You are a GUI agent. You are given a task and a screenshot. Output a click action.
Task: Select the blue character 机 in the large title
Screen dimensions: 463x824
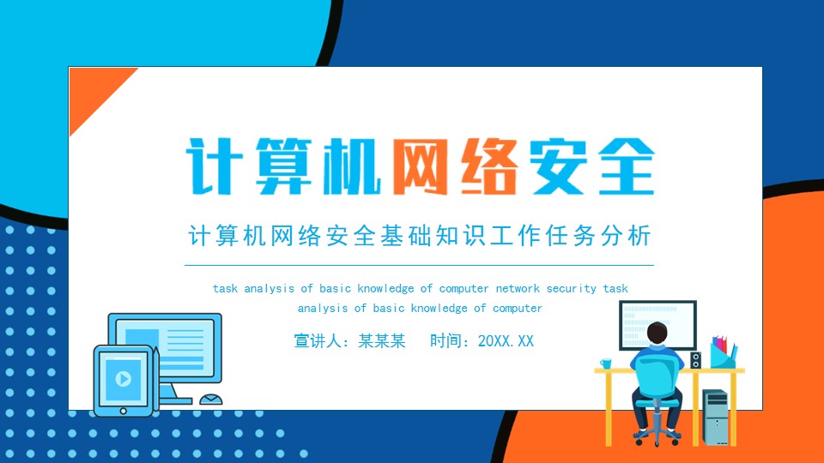345,166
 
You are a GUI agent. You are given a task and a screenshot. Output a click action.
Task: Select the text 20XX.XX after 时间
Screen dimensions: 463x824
506,341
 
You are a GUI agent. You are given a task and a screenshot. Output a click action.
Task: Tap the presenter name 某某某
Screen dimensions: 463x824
384,341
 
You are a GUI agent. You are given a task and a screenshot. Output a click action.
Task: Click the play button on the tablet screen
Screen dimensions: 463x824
124,378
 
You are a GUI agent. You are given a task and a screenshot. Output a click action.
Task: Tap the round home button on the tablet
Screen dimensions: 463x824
124,410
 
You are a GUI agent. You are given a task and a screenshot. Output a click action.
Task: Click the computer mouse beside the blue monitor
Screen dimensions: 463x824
211,400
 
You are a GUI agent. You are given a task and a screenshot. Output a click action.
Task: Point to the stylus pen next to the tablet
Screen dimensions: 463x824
157,377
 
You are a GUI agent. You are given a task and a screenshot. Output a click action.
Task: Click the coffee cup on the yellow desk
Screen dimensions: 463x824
607,364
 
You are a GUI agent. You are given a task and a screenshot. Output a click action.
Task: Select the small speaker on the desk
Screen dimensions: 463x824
695,360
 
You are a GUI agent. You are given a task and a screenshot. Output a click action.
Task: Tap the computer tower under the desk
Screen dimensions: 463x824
714,417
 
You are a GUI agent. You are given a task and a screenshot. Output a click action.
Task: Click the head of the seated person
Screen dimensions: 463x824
657,333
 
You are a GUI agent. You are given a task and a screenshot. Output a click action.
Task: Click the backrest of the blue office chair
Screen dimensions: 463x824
657,378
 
